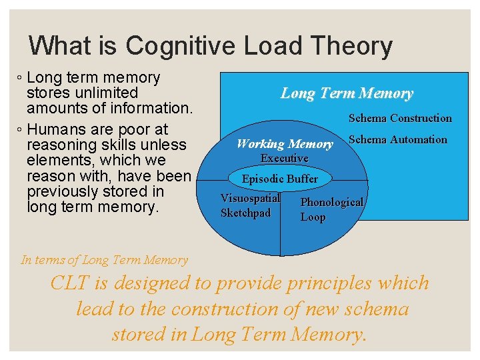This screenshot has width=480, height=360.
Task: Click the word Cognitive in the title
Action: [181, 46]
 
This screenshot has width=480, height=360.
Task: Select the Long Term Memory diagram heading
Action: [346, 93]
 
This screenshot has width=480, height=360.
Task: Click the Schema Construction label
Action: [400, 118]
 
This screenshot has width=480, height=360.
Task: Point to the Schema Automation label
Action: [397, 139]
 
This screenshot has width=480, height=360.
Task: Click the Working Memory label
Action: [285, 143]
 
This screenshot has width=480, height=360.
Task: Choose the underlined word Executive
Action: [284, 158]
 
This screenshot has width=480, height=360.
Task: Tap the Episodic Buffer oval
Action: [280, 179]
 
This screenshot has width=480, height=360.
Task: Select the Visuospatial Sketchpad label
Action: [249, 205]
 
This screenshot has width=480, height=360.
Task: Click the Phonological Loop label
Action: [331, 209]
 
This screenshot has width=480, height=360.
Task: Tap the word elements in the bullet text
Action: [55, 160]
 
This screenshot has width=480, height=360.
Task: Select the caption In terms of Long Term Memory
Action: [105, 260]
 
